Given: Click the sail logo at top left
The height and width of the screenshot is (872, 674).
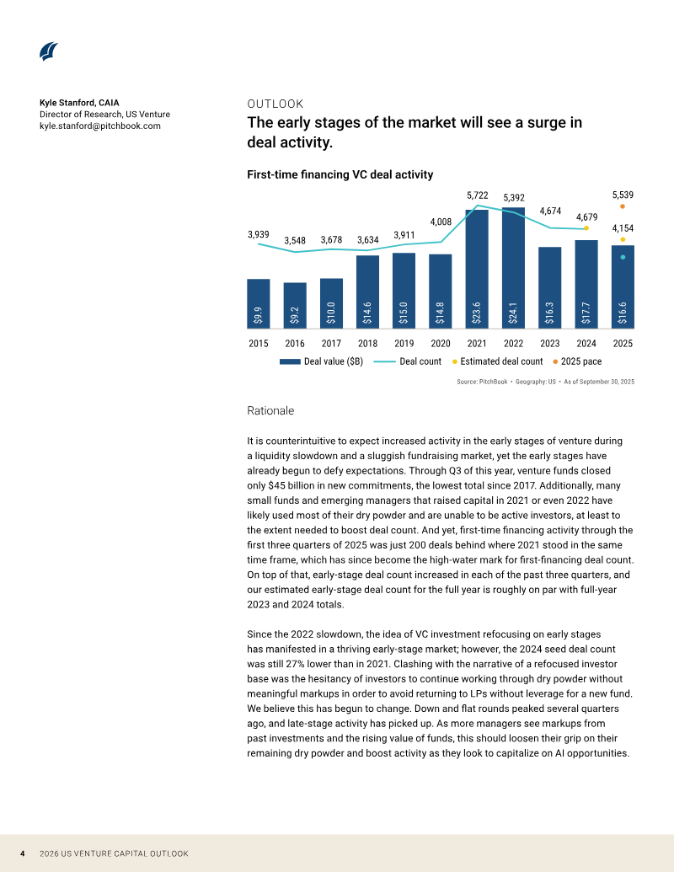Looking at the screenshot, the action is pyautogui.click(x=49, y=51).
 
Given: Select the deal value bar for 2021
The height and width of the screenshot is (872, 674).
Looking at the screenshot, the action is pyautogui.click(x=477, y=269).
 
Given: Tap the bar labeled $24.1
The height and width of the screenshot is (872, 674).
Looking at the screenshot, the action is pyautogui.click(x=513, y=268).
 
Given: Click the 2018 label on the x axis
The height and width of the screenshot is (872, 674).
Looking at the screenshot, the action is pyautogui.click(x=367, y=343).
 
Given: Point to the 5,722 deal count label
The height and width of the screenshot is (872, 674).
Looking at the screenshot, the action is pyautogui.click(x=477, y=195).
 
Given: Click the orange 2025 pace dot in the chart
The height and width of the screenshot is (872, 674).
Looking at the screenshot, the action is pyautogui.click(x=623, y=206).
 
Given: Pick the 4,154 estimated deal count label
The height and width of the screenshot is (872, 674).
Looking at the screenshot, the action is pyautogui.click(x=623, y=228).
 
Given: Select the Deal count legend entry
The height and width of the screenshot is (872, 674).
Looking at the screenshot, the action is pyautogui.click(x=408, y=361).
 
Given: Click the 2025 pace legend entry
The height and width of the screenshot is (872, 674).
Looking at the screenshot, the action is pyautogui.click(x=577, y=361).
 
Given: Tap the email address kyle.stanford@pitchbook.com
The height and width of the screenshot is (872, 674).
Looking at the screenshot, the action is pyautogui.click(x=100, y=126).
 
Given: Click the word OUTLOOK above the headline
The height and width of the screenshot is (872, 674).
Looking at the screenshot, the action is pyautogui.click(x=275, y=104).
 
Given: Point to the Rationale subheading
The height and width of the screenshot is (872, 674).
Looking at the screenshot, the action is pyautogui.click(x=270, y=410).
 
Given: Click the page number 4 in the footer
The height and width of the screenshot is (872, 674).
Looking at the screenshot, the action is pyautogui.click(x=22, y=853).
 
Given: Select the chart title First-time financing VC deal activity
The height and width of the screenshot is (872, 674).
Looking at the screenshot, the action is pyautogui.click(x=340, y=174).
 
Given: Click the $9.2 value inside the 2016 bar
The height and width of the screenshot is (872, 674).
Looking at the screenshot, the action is pyautogui.click(x=295, y=315).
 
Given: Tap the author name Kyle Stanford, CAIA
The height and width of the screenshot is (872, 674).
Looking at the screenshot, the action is pyautogui.click(x=79, y=103).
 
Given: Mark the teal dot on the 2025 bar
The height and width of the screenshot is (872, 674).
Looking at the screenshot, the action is pyautogui.click(x=623, y=257).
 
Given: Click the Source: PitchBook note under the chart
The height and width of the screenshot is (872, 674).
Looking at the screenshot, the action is pyautogui.click(x=546, y=382).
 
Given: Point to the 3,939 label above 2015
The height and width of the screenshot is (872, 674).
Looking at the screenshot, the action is pyautogui.click(x=259, y=235).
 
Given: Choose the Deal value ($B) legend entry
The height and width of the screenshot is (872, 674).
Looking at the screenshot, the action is pyautogui.click(x=322, y=361).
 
